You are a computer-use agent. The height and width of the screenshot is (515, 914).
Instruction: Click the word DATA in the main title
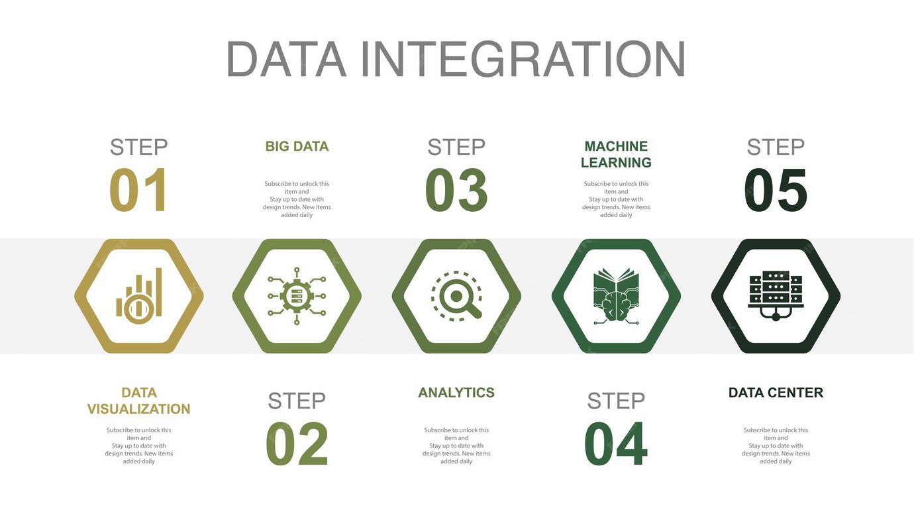click(x=285, y=60)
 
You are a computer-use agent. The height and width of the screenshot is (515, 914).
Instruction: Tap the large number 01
click(x=138, y=190)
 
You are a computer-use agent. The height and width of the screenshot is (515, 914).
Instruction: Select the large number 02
click(x=297, y=444)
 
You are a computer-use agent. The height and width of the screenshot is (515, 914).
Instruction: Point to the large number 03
click(x=456, y=190)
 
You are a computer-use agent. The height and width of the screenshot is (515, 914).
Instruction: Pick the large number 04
click(x=616, y=444)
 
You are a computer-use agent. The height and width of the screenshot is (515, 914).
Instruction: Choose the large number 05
click(x=776, y=190)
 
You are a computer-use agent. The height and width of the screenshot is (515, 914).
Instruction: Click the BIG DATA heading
click(x=297, y=146)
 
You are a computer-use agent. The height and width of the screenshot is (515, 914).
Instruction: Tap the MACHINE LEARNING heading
click(x=616, y=154)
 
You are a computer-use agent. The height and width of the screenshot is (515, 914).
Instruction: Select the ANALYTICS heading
click(x=456, y=393)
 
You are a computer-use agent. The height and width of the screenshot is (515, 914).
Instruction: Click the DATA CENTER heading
click(x=776, y=393)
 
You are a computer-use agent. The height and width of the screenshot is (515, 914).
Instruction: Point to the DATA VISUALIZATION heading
click(x=138, y=400)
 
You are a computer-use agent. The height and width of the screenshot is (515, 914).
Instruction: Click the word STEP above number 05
click(x=776, y=147)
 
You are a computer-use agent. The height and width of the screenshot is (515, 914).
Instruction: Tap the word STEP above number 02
click(x=297, y=401)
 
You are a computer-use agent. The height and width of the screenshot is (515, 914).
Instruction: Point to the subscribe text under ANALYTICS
click(x=456, y=445)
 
